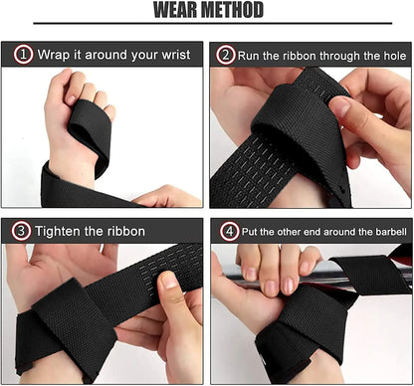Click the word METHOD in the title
[x=232, y=11]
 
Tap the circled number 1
[x=21, y=55]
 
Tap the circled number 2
[x=226, y=55]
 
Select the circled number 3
[x=21, y=231]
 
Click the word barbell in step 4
[x=387, y=231]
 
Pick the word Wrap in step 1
[x=55, y=55]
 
